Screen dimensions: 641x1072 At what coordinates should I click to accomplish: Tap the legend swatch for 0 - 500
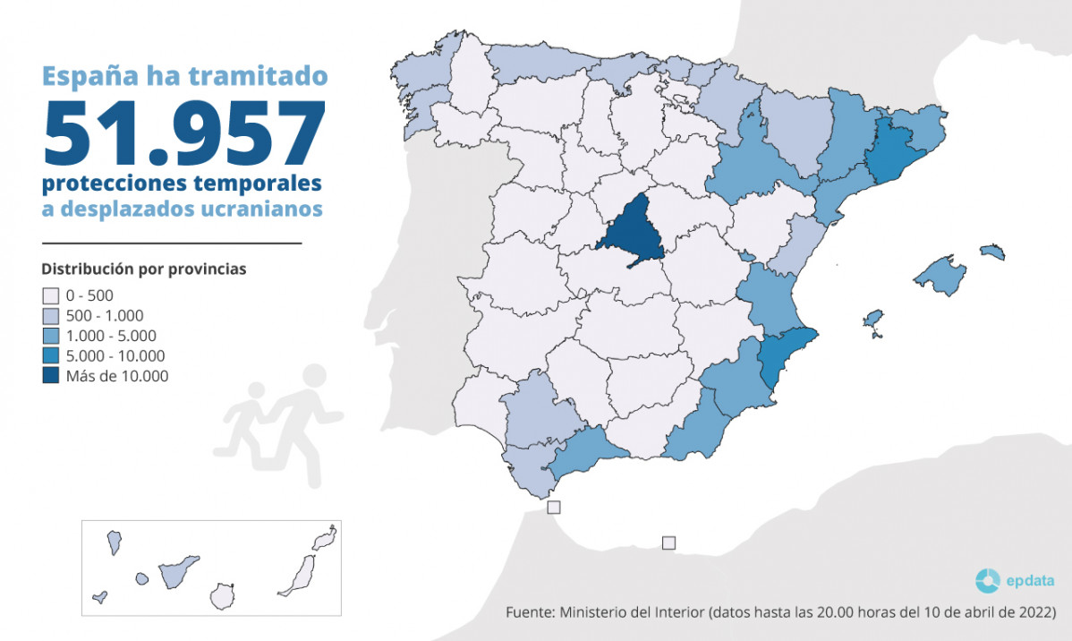tap(50, 295)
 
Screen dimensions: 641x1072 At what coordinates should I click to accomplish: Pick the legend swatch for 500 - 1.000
tap(50, 316)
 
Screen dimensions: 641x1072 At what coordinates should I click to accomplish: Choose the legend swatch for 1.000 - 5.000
tap(50, 336)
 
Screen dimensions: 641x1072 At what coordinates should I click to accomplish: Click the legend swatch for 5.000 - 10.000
tap(50, 356)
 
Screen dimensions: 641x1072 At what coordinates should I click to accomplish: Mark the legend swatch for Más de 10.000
tap(50, 377)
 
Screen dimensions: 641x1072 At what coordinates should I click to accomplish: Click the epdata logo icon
tap(987, 581)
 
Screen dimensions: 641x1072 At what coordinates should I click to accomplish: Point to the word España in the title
tap(85, 76)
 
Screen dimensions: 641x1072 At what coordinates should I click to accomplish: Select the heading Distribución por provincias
tap(143, 269)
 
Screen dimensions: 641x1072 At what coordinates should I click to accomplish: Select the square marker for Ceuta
tap(554, 508)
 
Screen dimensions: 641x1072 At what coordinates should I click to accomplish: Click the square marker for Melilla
tap(668, 543)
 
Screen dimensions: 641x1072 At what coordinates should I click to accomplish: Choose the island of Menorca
tap(992, 251)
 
